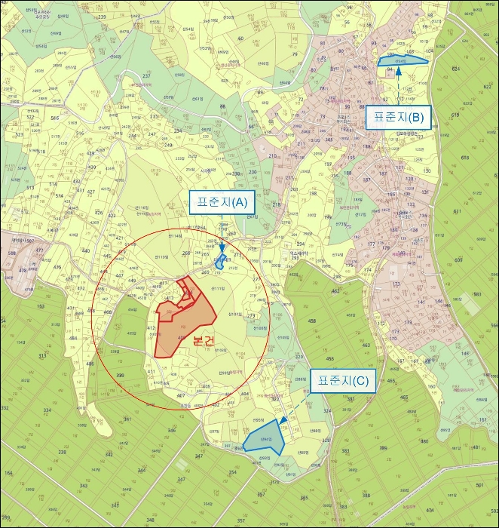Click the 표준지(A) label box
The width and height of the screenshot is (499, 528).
tap(222, 202)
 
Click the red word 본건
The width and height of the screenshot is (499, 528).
tap(204, 341)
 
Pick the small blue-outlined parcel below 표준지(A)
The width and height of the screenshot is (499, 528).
tap(220, 263)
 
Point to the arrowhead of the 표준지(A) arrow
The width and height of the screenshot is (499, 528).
tap(222, 248)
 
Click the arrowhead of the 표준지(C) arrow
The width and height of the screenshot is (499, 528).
tap(281, 422)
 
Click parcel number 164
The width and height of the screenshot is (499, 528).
tap(9, 474)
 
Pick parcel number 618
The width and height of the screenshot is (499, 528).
tap(464, 158)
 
